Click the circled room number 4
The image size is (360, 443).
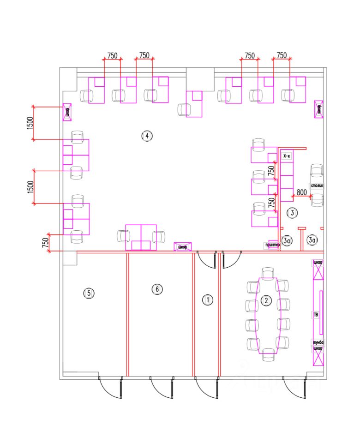coord(146,136)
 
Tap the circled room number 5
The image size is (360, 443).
coord(89,293)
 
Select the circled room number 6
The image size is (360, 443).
coord(157,289)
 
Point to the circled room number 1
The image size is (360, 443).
coord(208,300)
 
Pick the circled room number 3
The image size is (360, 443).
coord(292,213)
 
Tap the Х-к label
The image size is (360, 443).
coord(287,156)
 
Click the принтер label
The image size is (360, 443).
coord(272,245)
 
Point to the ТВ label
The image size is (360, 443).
coord(316,314)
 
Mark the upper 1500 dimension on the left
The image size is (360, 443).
coord(30,122)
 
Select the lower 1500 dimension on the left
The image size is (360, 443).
coord(30,186)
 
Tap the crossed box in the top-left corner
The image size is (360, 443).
coord(67,112)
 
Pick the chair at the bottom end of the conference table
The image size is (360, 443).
coord(267,356)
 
